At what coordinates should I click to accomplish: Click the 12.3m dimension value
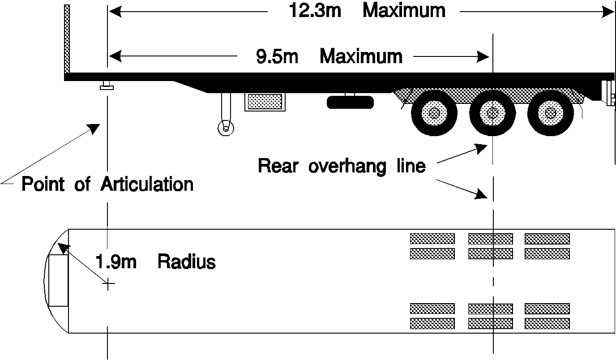pos(315,11)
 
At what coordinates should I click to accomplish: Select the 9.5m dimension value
pos(277,56)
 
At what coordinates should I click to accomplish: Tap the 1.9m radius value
pos(116,261)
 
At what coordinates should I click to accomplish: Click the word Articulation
pos(147,184)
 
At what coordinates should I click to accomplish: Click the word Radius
pos(187,261)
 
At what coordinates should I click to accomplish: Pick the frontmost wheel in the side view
pos(434,113)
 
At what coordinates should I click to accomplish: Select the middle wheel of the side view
pos(492,113)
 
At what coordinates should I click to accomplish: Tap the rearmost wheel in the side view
pos(551,113)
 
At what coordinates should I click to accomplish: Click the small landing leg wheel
pos(226,128)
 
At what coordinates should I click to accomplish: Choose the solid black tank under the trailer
pos(350,102)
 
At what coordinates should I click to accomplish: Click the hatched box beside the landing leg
pos(265,102)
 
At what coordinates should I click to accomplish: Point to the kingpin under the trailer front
pos(107,85)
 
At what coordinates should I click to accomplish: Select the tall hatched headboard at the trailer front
pos(67,39)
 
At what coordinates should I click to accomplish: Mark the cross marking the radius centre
pos(108,283)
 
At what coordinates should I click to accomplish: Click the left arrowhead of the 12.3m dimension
pos(115,12)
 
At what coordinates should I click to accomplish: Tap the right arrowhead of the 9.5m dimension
pos(483,57)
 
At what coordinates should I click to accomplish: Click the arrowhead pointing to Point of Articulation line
pos(94,129)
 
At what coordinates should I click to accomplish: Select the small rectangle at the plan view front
pos(59,280)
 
